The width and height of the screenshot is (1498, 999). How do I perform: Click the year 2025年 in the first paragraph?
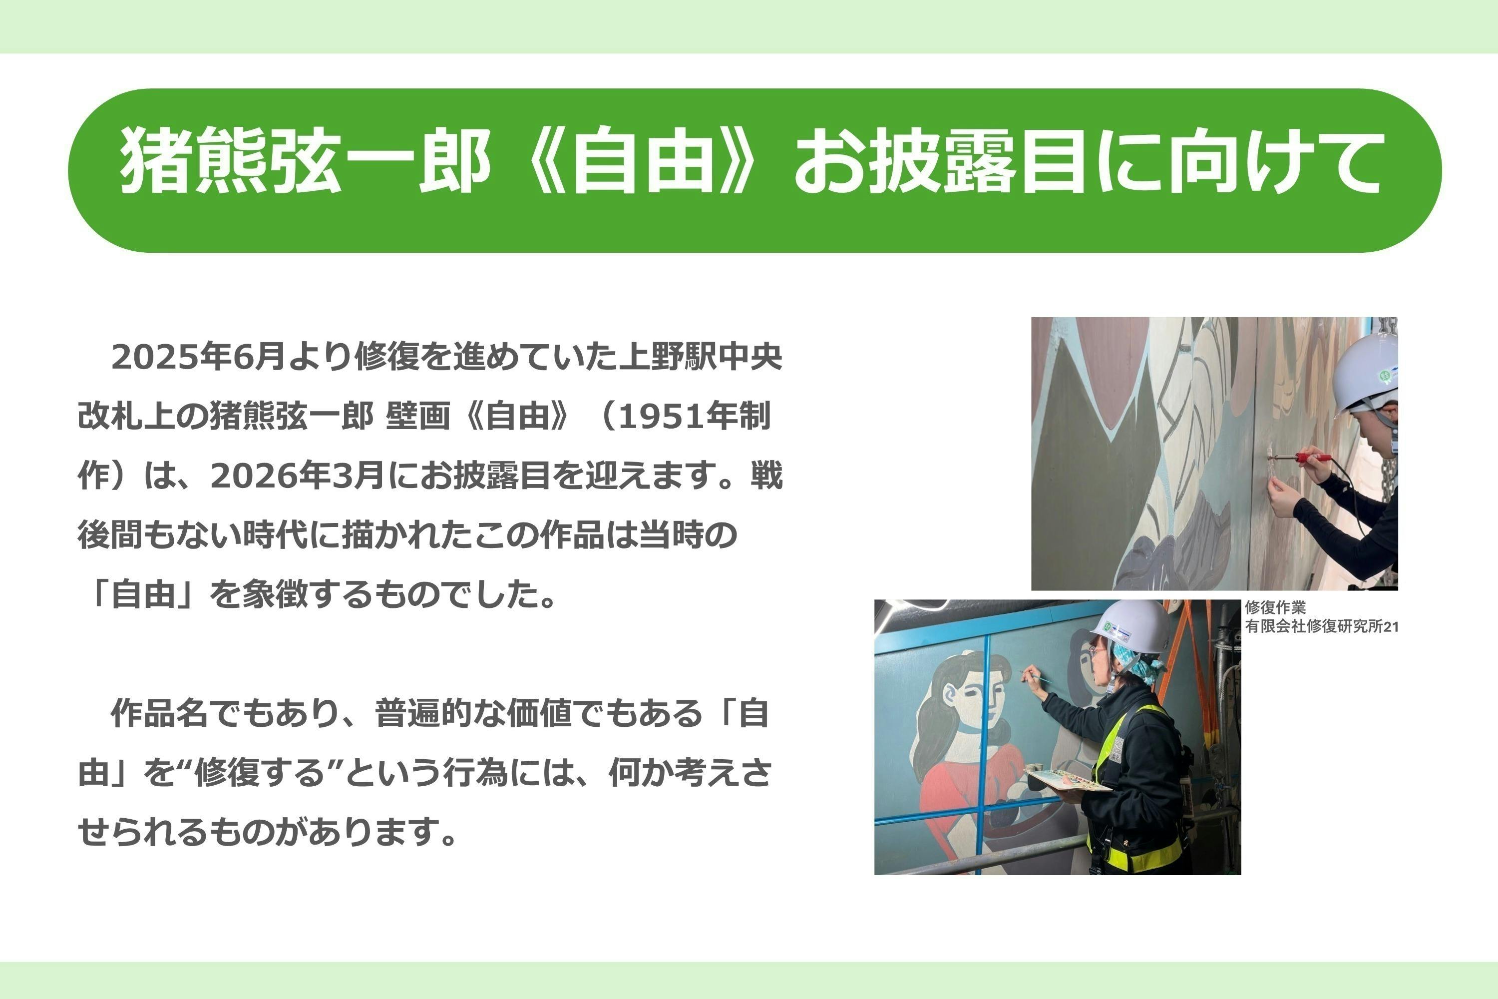[x=171, y=356]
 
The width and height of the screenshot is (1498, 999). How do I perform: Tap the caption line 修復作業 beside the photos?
[x=1275, y=607]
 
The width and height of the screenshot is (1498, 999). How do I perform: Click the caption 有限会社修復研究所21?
[x=1322, y=626]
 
